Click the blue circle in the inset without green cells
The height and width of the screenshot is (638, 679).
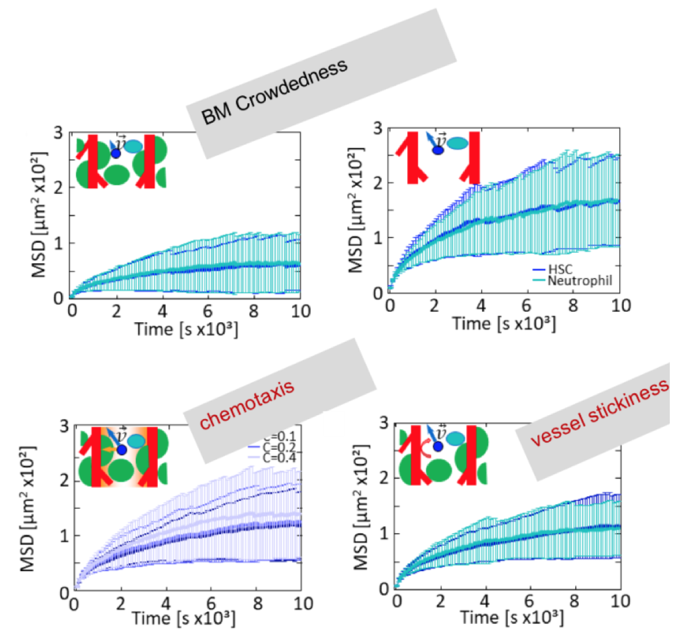tap(438, 149)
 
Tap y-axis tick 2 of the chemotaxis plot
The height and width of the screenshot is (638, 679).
tap(63, 480)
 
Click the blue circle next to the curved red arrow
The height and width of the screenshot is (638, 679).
tap(438, 447)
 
